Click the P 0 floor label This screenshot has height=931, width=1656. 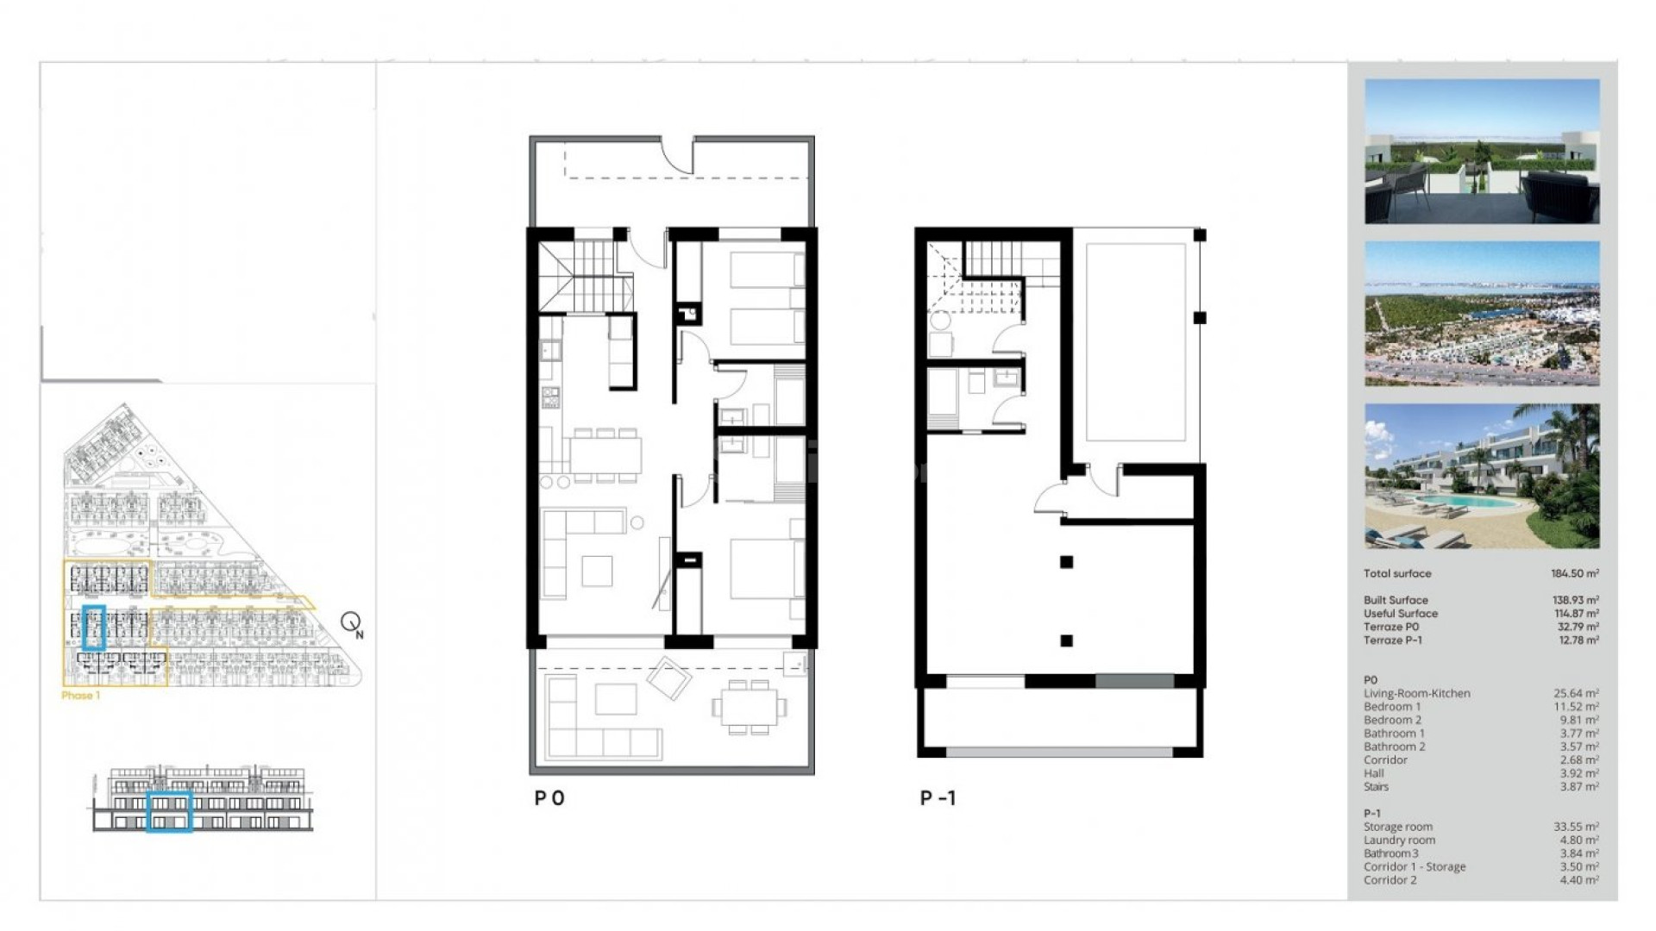click(549, 798)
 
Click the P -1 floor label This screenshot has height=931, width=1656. click(938, 798)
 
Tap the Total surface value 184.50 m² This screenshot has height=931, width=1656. click(1574, 573)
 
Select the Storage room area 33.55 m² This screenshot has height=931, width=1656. click(1576, 827)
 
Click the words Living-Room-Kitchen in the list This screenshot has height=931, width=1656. click(1416, 693)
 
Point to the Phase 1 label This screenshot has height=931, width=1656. click(80, 696)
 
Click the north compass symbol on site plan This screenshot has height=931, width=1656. click(351, 622)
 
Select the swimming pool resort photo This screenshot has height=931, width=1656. click(1482, 476)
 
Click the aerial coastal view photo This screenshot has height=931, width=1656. click(1482, 314)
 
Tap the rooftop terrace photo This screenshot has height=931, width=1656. click(1482, 152)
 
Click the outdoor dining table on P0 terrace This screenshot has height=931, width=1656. click(749, 707)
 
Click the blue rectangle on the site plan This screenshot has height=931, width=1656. click(94, 628)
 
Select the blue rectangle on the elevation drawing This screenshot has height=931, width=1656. click(169, 811)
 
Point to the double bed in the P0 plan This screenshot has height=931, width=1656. click(766, 569)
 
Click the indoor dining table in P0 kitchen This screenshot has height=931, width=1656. click(605, 454)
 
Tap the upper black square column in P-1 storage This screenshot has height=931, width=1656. click(1067, 562)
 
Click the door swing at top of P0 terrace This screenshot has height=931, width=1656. click(678, 155)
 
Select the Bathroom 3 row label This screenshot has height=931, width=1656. click(1390, 853)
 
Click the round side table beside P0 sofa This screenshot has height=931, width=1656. click(637, 522)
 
